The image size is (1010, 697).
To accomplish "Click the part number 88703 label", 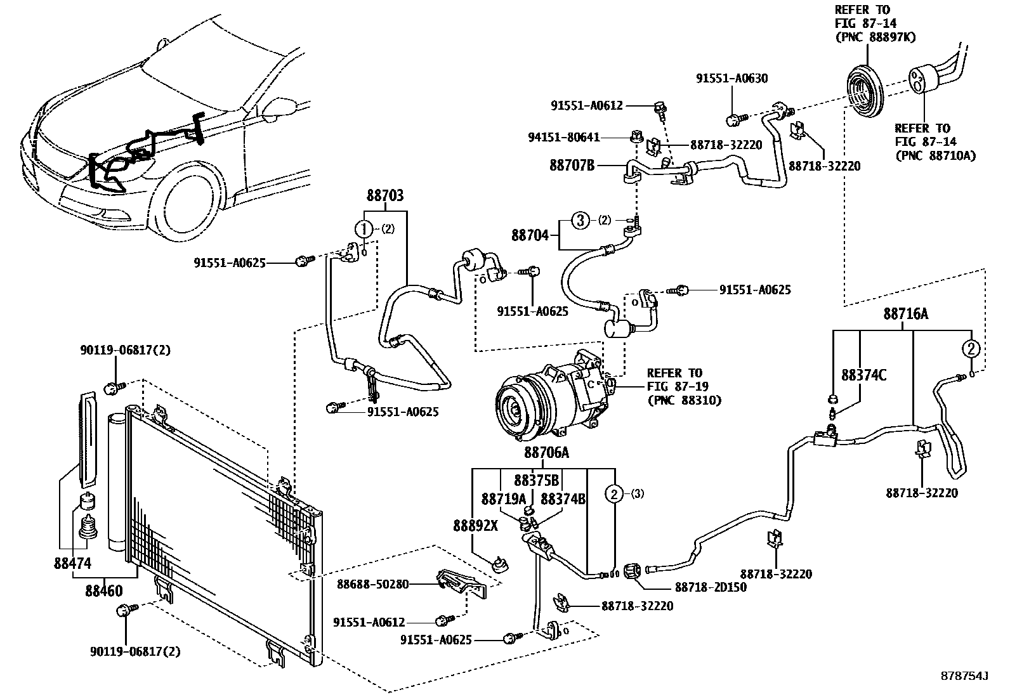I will point(384,197).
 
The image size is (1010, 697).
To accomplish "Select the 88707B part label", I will point(572,166).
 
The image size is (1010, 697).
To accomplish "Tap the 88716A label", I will point(905,313).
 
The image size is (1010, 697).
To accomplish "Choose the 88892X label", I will point(475,525).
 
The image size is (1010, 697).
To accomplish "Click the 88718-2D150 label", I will point(711,587).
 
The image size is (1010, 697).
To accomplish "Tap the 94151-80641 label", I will point(563,137).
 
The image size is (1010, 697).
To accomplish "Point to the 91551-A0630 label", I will point(731,79).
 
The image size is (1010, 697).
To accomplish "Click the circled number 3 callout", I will point(580,220).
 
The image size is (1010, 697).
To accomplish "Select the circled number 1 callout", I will point(364,229).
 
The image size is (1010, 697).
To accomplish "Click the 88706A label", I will point(546,453).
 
